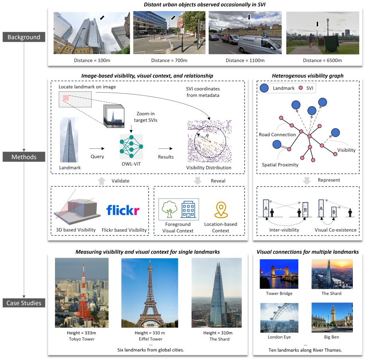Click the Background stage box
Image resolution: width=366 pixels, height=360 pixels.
[24, 37]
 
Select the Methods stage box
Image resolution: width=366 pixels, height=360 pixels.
[24, 157]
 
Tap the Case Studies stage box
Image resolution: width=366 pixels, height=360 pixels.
[24, 303]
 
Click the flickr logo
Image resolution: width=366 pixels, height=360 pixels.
[123, 210]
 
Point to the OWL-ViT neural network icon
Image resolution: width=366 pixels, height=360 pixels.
[131, 146]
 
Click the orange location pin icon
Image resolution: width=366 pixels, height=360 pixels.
[221, 210]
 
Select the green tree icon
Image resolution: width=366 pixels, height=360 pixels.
[170, 209]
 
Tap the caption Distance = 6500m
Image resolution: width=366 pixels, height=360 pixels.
[322, 60]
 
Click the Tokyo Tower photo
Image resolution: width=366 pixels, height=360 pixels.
[82, 293]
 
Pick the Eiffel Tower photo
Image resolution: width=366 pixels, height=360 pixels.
[150, 293]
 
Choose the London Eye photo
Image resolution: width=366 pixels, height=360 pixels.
[279, 317]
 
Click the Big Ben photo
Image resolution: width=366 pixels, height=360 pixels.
[332, 317]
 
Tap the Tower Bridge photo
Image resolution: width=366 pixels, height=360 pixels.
[279, 274]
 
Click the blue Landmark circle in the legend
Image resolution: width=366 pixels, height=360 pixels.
[264, 88]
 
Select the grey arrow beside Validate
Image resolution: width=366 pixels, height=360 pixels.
[102, 181]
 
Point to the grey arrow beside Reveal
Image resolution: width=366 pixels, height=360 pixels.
[198, 181]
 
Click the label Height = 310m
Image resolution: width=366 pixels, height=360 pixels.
[218, 333]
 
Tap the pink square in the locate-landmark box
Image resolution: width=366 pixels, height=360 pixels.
[66, 98]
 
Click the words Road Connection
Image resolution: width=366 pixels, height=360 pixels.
[277, 134]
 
